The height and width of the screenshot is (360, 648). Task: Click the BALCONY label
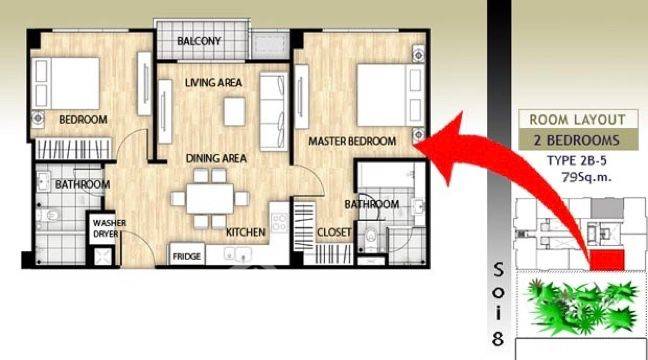[199, 41]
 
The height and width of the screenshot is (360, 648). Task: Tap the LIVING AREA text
[213, 83]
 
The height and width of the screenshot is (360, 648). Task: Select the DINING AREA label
[216, 158]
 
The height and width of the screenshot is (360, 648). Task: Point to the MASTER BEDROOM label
[352, 141]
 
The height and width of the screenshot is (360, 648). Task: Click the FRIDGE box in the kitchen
[187, 255]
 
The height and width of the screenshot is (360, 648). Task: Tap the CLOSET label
[334, 233]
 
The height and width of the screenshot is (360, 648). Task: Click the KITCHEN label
[245, 232]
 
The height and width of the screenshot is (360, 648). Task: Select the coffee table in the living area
[234, 111]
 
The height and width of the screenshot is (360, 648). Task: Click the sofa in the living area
[273, 111]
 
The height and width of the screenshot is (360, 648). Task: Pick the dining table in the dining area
[210, 199]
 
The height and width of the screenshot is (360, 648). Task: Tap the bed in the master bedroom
[391, 95]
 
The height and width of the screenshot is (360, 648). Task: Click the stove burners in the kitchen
[280, 222]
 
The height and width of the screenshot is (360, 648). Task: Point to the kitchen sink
[238, 253]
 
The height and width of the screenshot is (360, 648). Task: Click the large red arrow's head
[445, 148]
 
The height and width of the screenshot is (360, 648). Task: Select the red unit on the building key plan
[607, 260]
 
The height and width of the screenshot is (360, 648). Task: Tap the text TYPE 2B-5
[577, 161]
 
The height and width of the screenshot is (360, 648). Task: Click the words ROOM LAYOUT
[577, 120]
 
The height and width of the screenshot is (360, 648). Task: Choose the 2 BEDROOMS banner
[578, 140]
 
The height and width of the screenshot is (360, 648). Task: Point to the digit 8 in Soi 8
[498, 339]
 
